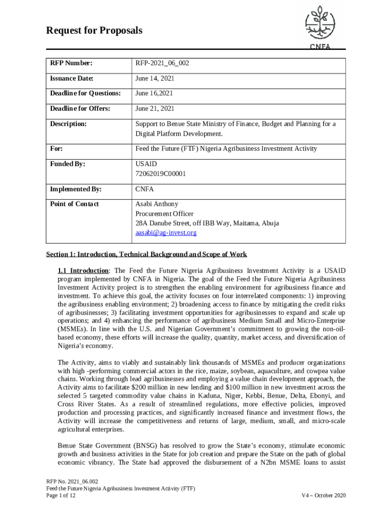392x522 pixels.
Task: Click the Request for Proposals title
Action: point(94,31)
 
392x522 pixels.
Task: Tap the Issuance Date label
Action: point(71,79)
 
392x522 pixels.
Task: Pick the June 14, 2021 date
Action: point(155,79)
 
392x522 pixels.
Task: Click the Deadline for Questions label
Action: point(85,93)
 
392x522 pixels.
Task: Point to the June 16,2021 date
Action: point(154,93)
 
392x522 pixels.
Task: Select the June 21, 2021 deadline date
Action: point(155,109)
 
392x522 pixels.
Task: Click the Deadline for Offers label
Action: point(79,109)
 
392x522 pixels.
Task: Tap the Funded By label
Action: point(67,164)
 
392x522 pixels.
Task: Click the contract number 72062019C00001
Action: point(160,174)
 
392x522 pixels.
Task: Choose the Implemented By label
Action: point(75,189)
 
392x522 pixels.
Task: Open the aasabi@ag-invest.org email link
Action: point(165,232)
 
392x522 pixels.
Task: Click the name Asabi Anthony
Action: point(157,204)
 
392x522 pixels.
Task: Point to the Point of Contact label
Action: point(74,204)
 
